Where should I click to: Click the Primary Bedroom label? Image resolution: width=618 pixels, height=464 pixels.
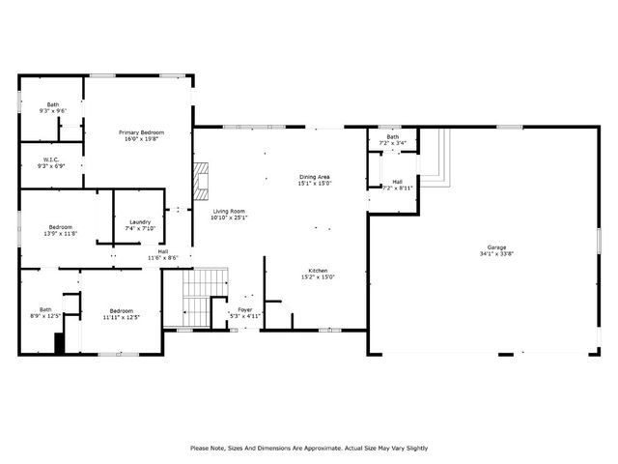pyautogui.click(x=141, y=132)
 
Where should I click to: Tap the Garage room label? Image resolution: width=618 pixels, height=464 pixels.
pyautogui.click(x=496, y=247)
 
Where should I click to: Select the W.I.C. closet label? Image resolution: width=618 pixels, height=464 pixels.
pyautogui.click(x=52, y=159)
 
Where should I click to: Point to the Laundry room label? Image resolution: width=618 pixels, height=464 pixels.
pyautogui.click(x=140, y=222)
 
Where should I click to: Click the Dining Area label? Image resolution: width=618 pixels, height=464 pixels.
pyautogui.click(x=315, y=177)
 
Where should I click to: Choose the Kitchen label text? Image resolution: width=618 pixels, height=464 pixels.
pyautogui.click(x=319, y=270)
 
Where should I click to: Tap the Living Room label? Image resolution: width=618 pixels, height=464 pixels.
pyautogui.click(x=229, y=211)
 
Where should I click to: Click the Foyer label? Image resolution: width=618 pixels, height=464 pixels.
pyautogui.click(x=245, y=309)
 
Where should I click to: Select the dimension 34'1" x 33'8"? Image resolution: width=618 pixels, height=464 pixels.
pyautogui.click(x=496, y=254)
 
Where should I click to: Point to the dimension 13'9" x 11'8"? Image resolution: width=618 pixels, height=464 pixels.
pyautogui.click(x=60, y=233)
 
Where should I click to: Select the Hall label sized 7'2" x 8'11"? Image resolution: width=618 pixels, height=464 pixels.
pyautogui.click(x=397, y=181)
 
